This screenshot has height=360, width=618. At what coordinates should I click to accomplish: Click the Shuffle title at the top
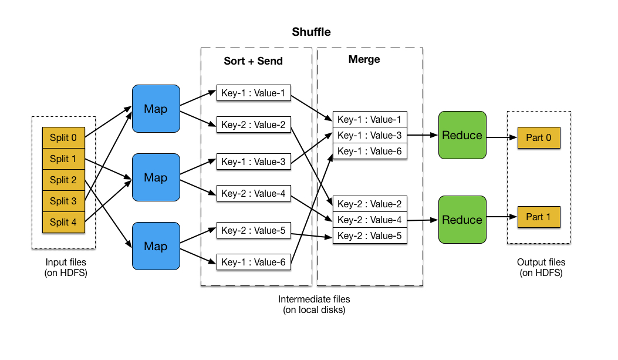click(x=311, y=32)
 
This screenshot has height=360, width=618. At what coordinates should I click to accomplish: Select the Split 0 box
click(x=63, y=138)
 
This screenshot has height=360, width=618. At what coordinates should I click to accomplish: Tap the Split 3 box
click(x=63, y=201)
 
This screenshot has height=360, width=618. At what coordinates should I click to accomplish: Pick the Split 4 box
click(x=63, y=222)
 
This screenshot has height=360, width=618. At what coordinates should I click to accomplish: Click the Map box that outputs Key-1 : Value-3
click(x=156, y=177)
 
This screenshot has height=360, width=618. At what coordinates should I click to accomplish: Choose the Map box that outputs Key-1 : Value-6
click(x=156, y=246)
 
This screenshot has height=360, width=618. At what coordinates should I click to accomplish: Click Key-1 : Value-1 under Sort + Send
click(x=254, y=93)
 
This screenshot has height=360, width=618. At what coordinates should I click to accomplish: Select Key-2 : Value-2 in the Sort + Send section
click(x=254, y=125)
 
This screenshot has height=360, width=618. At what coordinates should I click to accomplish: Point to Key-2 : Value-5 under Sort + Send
click(x=254, y=231)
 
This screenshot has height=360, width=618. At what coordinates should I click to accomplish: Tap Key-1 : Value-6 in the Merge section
click(x=369, y=151)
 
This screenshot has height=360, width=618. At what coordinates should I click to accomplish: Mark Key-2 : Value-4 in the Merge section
click(x=369, y=220)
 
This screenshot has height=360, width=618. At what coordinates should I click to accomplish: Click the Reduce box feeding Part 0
click(x=462, y=135)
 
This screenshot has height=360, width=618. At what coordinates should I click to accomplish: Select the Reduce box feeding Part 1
click(x=462, y=220)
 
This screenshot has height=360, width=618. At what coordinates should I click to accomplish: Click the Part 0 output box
click(x=539, y=138)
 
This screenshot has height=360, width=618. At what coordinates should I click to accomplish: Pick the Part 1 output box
click(x=539, y=217)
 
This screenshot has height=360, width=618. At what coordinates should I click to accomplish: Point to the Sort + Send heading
click(x=253, y=61)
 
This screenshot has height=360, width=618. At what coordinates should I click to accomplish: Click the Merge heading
click(x=364, y=59)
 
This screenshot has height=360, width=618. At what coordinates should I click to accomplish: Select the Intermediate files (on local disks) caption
click(x=311, y=304)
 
